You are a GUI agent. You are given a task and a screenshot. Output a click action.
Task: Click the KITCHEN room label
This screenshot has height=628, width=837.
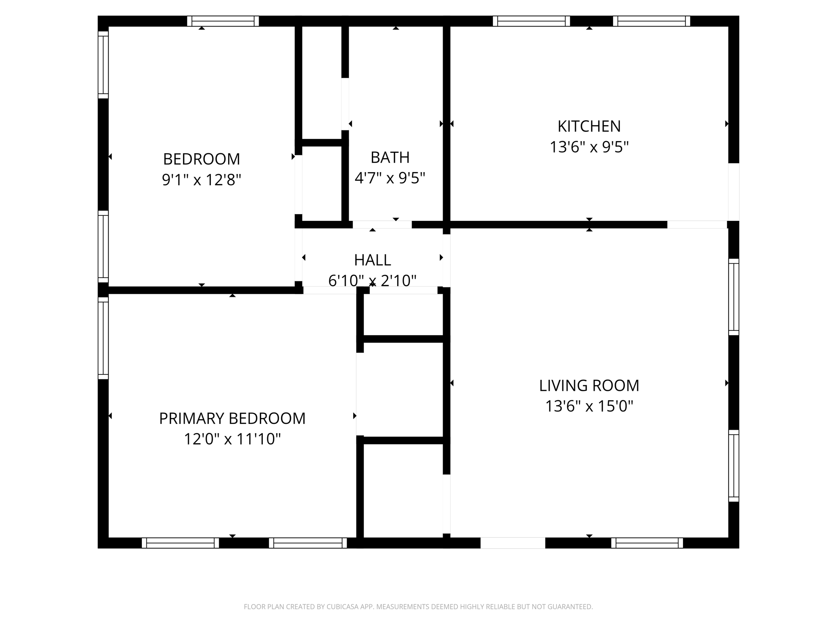click(x=589, y=126)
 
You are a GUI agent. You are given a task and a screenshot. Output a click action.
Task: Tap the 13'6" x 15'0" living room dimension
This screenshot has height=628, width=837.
click(x=589, y=406)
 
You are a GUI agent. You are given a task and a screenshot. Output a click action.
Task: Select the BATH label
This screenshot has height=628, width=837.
click(x=390, y=157)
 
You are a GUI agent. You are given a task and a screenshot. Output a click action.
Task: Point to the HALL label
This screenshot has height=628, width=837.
click(x=372, y=260)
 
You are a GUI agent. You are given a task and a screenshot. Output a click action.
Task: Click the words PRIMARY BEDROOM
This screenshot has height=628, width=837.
click(x=232, y=419)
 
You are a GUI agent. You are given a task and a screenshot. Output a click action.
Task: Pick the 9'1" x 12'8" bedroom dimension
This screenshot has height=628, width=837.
click(x=201, y=179)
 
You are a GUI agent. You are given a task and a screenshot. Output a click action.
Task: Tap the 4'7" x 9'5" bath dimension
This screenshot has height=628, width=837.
click(x=390, y=178)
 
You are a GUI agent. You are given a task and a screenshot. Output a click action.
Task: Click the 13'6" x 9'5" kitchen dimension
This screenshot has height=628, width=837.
click(x=589, y=147)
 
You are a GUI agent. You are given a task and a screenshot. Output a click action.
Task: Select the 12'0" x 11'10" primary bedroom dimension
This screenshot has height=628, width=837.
click(x=232, y=439)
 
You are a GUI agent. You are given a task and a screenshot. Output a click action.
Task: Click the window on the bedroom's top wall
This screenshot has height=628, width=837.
click(x=223, y=21)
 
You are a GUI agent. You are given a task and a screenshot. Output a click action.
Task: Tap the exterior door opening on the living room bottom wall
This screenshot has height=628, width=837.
click(x=512, y=543)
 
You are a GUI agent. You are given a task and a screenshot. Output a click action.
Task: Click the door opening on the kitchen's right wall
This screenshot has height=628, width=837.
click(x=734, y=192)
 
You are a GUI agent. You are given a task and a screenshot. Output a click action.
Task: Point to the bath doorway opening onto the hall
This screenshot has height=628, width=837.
click(x=382, y=224)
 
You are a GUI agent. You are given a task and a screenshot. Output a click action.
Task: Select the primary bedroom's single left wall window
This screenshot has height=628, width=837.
click(x=103, y=338)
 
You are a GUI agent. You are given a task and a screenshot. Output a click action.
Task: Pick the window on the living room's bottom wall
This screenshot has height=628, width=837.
click(x=647, y=543)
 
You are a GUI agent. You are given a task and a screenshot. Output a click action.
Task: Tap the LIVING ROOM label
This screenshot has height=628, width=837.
click(x=589, y=386)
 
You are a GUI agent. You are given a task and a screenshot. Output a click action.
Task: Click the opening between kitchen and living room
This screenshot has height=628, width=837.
click(x=697, y=224)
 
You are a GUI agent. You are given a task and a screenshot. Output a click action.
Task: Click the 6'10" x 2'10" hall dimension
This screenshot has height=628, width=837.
click(x=372, y=281)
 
